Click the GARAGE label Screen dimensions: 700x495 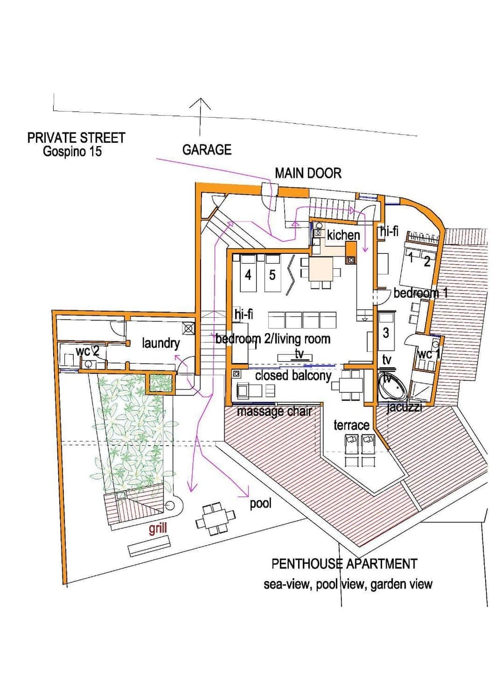click(x=207, y=150)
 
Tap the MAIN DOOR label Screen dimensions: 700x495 click(x=308, y=173)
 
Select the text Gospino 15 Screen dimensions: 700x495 click(x=72, y=152)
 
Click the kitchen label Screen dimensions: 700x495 click(x=343, y=235)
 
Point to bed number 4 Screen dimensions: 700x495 click(x=248, y=274)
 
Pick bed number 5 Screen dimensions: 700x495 click(x=272, y=274)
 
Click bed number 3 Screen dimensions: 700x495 click(x=386, y=333)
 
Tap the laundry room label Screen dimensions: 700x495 click(x=161, y=343)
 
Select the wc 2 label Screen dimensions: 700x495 click(x=91, y=351)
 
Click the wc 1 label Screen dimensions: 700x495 click(x=428, y=354)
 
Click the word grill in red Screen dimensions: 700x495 click(x=158, y=529)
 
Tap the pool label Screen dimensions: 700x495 click(x=260, y=503)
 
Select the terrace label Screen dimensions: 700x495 click(x=351, y=425)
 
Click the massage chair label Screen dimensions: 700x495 click(x=274, y=411)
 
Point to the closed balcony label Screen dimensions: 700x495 click(x=293, y=376)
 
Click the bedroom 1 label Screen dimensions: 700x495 click(x=420, y=293)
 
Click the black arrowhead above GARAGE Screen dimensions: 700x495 click(x=200, y=103)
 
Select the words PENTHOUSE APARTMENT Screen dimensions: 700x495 click(x=344, y=564)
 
